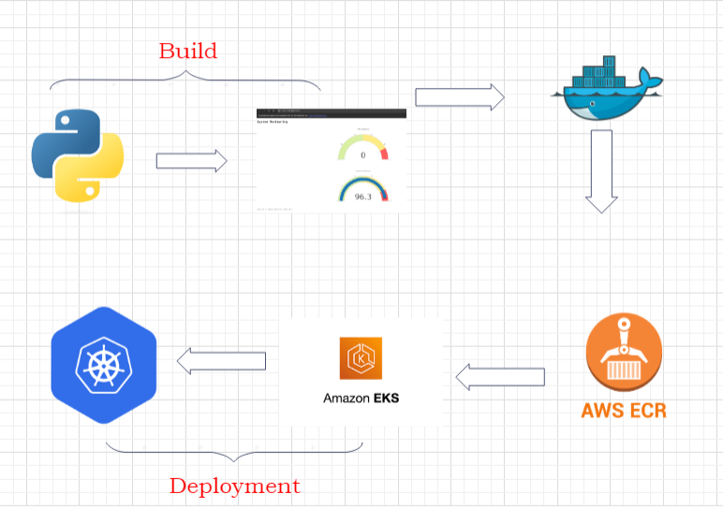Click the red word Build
pos(187,51)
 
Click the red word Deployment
pos(234,487)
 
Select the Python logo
pos(78,155)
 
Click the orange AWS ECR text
pos(624,410)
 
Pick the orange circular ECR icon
pos(624,354)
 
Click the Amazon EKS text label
pos(361,398)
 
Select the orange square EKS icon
pos(361,358)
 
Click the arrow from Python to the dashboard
pos(191,161)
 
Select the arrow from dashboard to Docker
pos(459,96)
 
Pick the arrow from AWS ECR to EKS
pos(500,377)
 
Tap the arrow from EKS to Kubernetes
pos(221,360)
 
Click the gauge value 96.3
pos(362,196)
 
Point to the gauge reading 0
pos(362,154)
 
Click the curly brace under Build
pos(185,82)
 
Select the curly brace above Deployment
pos(234,451)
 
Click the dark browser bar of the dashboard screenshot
pos(331,113)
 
